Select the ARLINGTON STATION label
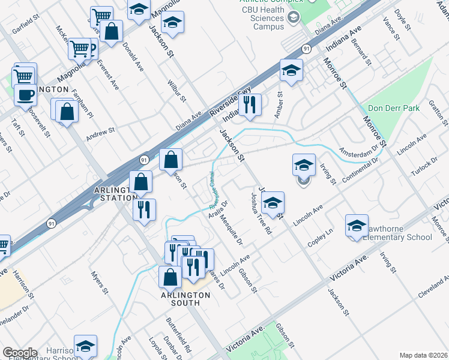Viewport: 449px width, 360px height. point(111,194)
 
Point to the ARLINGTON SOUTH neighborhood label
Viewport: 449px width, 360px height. point(185,299)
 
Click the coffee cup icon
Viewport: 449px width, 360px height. point(25,95)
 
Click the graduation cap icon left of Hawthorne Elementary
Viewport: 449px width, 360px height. point(357,226)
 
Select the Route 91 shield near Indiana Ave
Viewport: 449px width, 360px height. point(306,49)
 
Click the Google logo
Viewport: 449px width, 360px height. point(20,352)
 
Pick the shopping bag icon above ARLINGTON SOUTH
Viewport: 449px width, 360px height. point(170,277)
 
